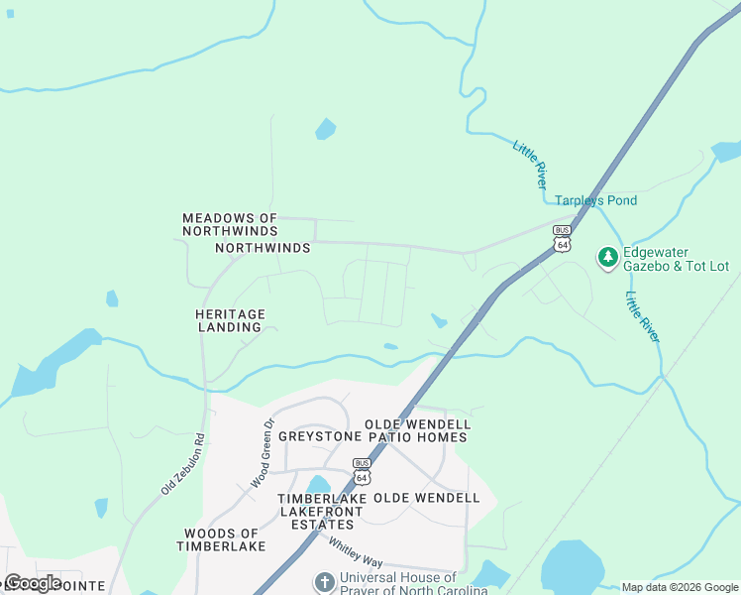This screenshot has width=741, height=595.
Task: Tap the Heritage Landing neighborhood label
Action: coord(229,320)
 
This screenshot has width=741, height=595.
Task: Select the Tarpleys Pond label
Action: coord(594,200)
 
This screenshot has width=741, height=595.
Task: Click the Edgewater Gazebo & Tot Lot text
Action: coord(675,260)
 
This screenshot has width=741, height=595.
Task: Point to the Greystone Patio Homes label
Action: coord(372,436)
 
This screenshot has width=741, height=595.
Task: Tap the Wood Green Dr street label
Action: coord(262,452)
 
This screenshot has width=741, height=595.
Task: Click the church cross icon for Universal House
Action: coord(324,582)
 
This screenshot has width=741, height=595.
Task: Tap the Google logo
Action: coord(32,582)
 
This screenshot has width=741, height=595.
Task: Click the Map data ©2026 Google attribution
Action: coord(680,587)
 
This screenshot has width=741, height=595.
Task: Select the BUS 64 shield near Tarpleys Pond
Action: coord(563,238)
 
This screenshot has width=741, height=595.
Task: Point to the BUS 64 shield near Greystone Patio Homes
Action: coord(362,471)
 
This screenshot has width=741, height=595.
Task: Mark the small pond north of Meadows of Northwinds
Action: coord(325,129)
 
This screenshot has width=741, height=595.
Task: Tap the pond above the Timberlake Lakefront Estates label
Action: coord(318,484)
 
